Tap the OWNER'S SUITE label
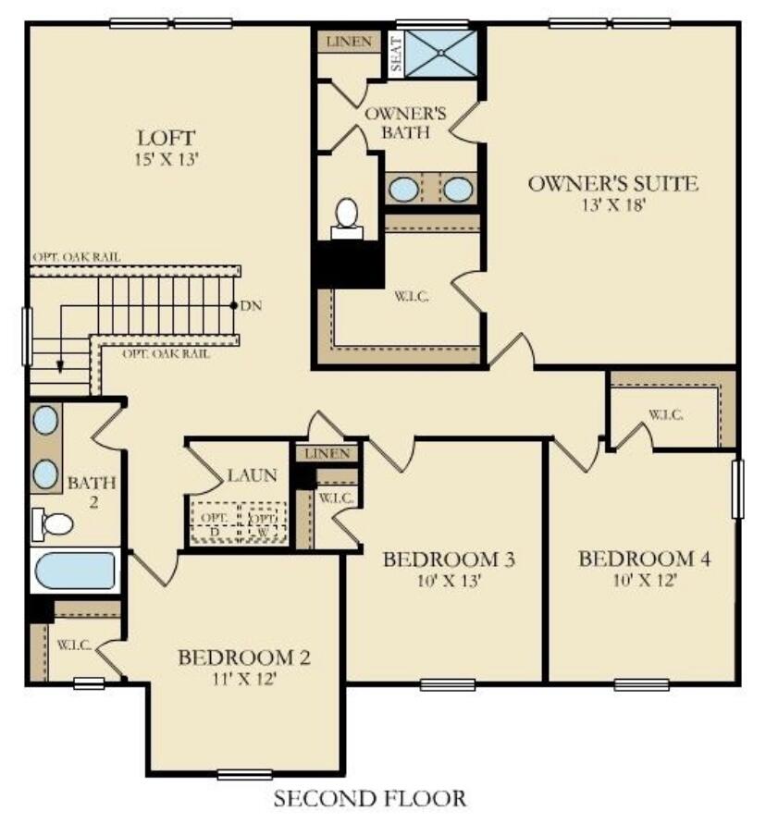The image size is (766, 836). pyautogui.click(x=612, y=183)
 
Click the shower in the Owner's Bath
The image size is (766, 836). pyautogui.click(x=440, y=54)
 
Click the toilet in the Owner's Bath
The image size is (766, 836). pyautogui.click(x=347, y=215)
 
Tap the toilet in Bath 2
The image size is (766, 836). pyautogui.click(x=54, y=524)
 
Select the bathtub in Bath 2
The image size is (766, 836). pyautogui.click(x=74, y=572)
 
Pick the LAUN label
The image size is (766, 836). pyautogui.click(x=252, y=475)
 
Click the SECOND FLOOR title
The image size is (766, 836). pyautogui.click(x=370, y=797)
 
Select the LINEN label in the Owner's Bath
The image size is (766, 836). pyautogui.click(x=350, y=42)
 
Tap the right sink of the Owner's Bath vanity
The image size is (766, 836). pyautogui.click(x=458, y=190)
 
